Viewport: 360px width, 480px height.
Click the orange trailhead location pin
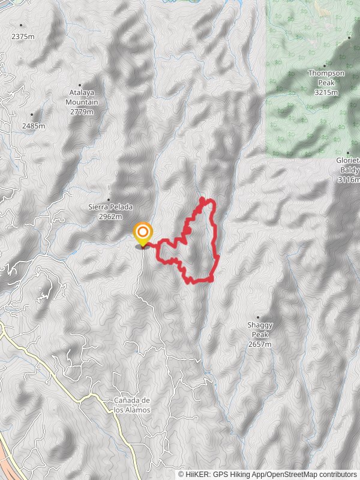(143, 233)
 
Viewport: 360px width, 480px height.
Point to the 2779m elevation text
(82, 112)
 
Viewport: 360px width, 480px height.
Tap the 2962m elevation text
(110, 217)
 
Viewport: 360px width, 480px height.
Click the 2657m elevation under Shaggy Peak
(259, 344)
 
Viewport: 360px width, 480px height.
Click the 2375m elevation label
(23, 37)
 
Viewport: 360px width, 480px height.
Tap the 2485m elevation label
(34, 126)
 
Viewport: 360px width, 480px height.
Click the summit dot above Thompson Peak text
(325, 66)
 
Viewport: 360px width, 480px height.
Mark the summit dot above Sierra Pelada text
(109, 200)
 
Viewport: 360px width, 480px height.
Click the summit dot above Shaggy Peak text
(259, 317)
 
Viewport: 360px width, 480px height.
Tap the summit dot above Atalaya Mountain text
(80, 85)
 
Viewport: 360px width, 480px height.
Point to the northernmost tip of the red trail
(201, 197)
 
